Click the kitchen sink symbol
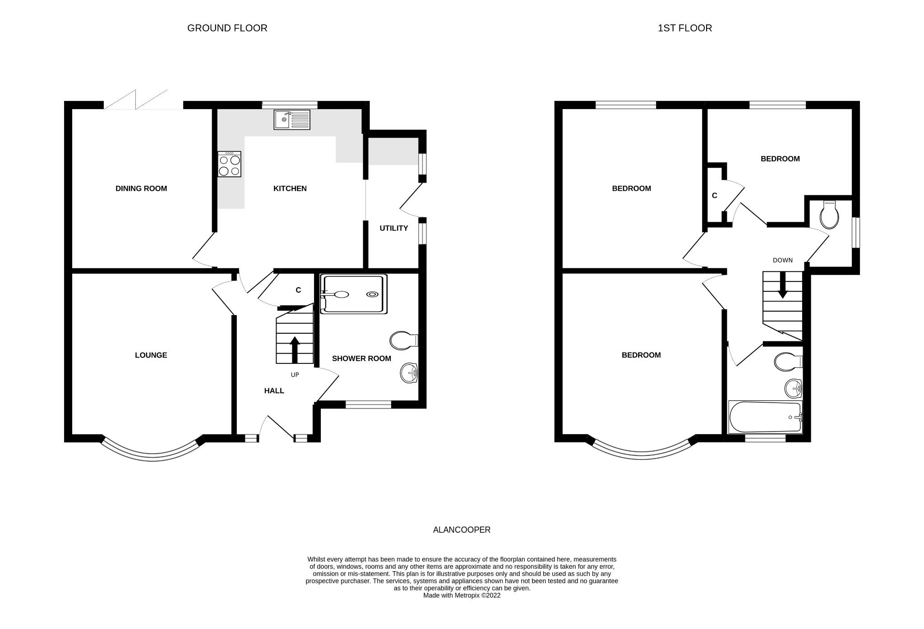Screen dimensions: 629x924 (x=292, y=119)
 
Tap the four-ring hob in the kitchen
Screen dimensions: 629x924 (x=229, y=165)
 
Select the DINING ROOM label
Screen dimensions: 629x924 (x=141, y=188)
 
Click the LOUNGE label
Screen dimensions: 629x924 (x=151, y=355)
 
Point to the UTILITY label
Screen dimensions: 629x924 (x=393, y=228)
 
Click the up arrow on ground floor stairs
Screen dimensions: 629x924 (x=295, y=349)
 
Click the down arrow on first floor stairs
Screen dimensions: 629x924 (x=782, y=285)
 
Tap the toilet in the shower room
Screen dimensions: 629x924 (x=404, y=340)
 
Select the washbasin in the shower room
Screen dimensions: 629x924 (x=409, y=373)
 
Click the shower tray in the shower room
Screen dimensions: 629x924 (x=354, y=294)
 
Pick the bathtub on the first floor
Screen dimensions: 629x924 (x=765, y=417)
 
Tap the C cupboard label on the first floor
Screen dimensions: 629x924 (x=714, y=196)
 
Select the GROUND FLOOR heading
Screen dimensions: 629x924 (x=227, y=28)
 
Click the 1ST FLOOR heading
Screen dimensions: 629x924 (x=684, y=28)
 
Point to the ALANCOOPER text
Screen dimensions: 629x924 (x=462, y=530)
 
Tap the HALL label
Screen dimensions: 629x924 (x=274, y=391)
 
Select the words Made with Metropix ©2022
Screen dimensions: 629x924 (x=462, y=595)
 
